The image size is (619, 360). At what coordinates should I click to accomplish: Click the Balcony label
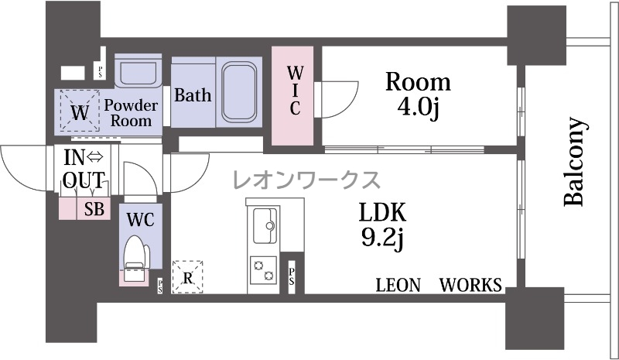click(x=573, y=161)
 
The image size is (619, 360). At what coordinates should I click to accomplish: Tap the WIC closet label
click(x=295, y=91)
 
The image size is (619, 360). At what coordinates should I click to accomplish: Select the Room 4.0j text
click(x=418, y=95)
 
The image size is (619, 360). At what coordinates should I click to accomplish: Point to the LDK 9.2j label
click(x=382, y=225)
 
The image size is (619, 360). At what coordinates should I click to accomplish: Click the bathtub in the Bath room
click(x=239, y=91)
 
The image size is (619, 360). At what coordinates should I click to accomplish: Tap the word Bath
click(x=193, y=95)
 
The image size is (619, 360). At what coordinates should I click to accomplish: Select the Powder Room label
click(x=131, y=113)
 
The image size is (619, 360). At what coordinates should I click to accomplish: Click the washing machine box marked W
click(x=80, y=110)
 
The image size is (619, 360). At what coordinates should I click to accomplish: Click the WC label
click(x=141, y=220)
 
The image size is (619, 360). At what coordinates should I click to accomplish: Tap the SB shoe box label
click(x=94, y=209)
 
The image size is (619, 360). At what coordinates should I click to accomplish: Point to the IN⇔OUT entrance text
click(x=84, y=169)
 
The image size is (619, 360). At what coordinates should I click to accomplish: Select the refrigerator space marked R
click(x=187, y=277)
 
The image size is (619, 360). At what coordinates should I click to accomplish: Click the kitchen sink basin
click(x=264, y=226)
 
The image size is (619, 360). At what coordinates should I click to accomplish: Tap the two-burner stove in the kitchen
click(x=263, y=271)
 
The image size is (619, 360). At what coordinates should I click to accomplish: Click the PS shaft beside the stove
click(x=292, y=277)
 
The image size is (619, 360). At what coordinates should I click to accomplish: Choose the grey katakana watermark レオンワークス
click(x=306, y=180)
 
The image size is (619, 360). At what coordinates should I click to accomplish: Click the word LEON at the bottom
click(x=398, y=285)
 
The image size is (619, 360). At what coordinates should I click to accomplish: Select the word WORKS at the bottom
click(x=470, y=285)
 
